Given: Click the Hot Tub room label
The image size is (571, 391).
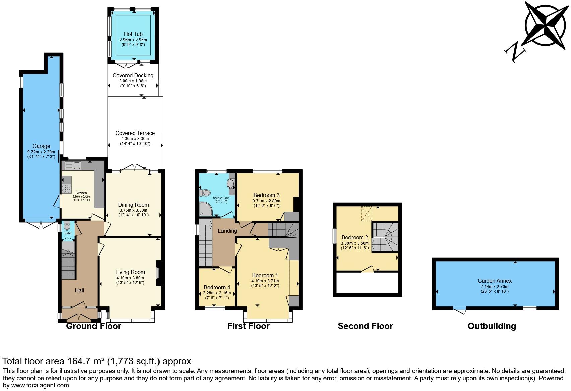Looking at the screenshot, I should (133, 34).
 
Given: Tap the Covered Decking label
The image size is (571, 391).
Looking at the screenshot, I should (133, 75).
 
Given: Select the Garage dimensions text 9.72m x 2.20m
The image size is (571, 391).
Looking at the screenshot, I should (41, 152).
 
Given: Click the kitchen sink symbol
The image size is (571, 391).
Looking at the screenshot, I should (73, 165).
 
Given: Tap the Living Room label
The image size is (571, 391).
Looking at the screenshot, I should (130, 272).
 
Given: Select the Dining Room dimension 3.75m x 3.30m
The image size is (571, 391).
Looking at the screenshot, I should (133, 210).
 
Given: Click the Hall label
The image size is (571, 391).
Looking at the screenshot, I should (79, 290).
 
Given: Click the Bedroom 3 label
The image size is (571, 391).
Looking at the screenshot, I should (266, 195).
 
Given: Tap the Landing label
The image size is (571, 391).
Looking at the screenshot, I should (227, 231).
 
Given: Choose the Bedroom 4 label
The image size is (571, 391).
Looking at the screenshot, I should (217, 287).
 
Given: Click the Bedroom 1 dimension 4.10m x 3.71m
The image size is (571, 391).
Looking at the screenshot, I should (265, 281).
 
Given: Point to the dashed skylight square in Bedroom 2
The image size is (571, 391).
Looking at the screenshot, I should (367, 214).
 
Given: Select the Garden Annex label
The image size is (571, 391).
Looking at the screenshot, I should (495, 281).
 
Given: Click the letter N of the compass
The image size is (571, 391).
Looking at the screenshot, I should (515, 52).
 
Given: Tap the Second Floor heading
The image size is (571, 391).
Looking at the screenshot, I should (365, 326).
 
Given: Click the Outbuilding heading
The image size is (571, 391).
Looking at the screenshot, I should (492, 326).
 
